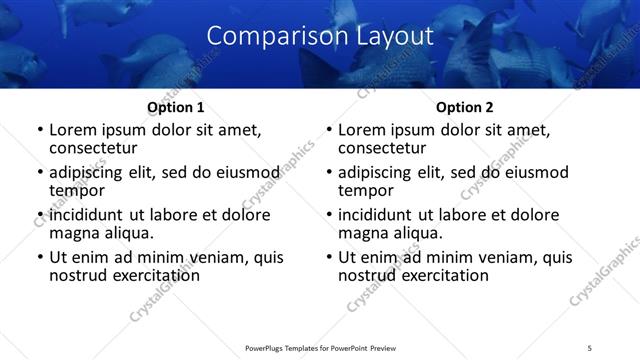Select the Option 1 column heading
click(176, 107)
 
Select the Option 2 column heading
click(465, 107)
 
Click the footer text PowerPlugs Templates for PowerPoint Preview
click(320, 347)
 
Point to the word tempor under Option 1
click(76, 191)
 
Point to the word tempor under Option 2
click(365, 191)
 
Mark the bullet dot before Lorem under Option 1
click(40, 130)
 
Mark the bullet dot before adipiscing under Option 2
click(329, 173)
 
